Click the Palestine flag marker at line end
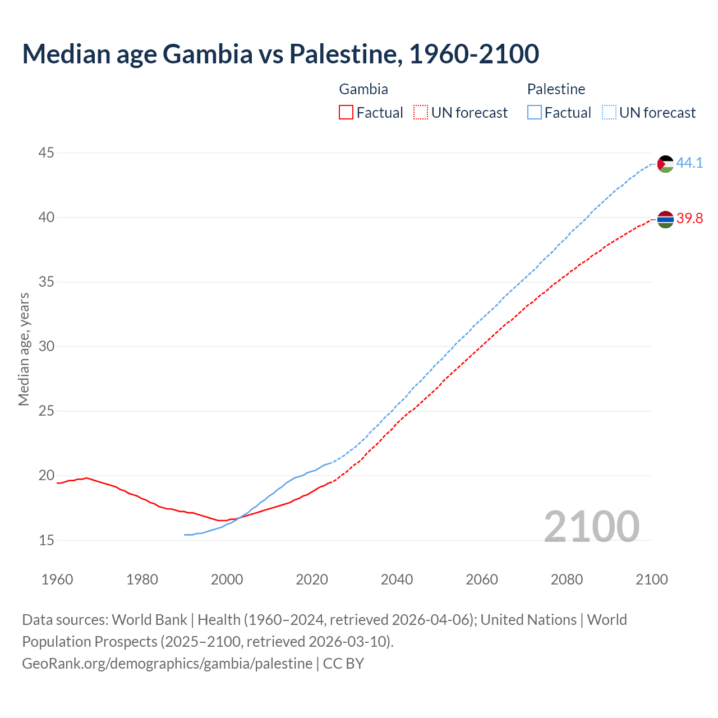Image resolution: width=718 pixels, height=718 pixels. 665,164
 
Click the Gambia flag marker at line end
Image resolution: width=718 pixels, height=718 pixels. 665,219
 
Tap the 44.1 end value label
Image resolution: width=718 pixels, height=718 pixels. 689,163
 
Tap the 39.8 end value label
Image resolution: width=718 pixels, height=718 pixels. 689,219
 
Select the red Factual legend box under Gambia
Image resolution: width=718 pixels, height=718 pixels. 346,113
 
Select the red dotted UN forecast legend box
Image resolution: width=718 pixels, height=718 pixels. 421,113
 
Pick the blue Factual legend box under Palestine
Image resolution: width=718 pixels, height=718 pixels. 535,113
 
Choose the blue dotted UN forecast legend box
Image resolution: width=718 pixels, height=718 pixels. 609,113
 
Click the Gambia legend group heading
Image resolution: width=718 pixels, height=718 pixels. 363,89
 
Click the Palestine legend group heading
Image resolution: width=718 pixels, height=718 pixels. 556,89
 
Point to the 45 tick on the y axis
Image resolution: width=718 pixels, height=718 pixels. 47,153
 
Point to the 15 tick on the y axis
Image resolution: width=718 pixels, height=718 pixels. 47,540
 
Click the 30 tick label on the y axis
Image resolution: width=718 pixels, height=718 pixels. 47,346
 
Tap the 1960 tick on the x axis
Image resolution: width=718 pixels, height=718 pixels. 57,579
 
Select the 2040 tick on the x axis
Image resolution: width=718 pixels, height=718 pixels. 397,579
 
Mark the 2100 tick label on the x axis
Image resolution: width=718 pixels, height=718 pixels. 651,579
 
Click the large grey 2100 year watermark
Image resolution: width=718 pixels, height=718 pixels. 591,526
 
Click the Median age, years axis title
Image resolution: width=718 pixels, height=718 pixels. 24,349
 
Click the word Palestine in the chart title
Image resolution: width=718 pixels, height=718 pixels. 345,54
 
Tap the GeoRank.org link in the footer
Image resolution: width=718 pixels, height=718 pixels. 167,664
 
